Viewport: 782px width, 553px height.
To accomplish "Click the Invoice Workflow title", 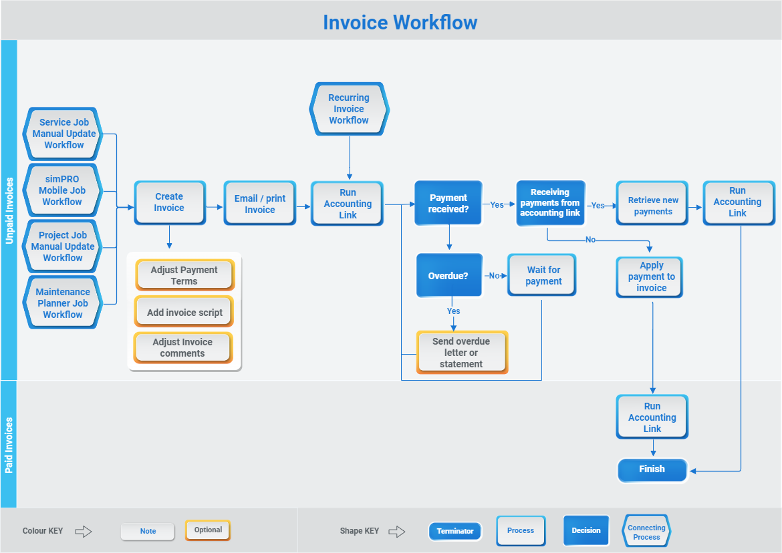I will (400, 22).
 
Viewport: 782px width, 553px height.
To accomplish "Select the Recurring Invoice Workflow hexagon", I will (349, 109).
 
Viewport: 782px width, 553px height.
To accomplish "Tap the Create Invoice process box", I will (169, 202).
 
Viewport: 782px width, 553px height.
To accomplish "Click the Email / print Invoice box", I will (260, 204).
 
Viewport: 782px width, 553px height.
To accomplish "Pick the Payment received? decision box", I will (448, 203).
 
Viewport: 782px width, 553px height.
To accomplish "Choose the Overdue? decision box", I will (448, 275).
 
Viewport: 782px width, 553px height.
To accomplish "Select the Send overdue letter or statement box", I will (462, 352).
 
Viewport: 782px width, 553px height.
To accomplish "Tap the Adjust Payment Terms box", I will (184, 275).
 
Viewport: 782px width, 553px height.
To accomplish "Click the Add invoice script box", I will (184, 312).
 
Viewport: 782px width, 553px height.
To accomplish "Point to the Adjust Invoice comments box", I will (182, 347).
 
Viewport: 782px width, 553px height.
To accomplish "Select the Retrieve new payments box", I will (652, 205).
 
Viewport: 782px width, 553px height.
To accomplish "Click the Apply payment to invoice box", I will (650, 276).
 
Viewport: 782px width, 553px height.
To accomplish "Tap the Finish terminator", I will (652, 470).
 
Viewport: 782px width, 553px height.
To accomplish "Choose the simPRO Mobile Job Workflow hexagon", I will (62, 190).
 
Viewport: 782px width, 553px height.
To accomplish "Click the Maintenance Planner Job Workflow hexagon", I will (62, 303).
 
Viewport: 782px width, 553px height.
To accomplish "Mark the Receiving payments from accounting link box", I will (551, 202).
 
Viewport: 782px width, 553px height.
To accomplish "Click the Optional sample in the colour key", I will (208, 530).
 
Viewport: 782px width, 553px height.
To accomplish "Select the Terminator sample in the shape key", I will (455, 531).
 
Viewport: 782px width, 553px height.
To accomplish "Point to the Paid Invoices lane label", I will (9, 445).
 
